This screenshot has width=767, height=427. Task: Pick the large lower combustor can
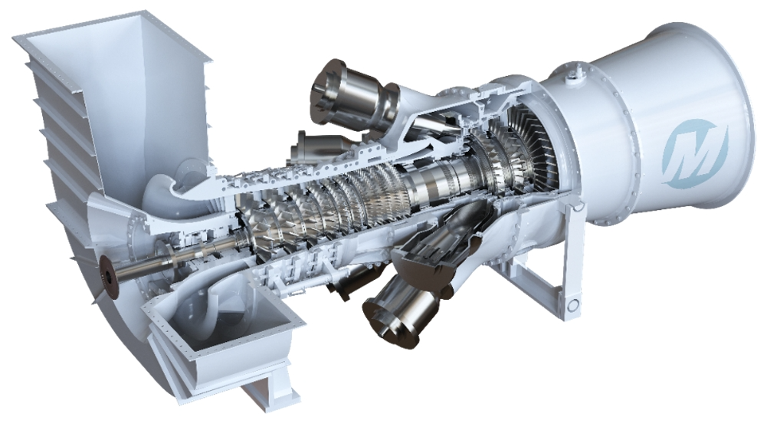click(393, 313)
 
